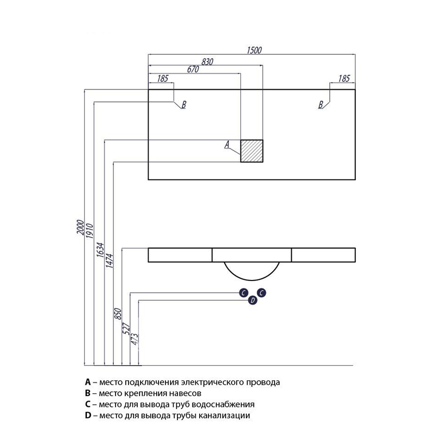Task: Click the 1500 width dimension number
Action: pos(254,50)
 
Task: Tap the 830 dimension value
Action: pos(207,62)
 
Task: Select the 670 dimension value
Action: pos(193,69)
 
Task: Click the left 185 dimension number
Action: pos(163,79)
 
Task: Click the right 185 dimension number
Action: pos(344,79)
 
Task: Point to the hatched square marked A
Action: pos(252,151)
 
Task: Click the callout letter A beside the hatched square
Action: pos(227,144)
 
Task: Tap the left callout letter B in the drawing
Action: pos(183,105)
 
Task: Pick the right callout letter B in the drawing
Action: pos(321,105)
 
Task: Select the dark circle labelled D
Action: pos(252,300)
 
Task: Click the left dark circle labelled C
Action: pos(244,292)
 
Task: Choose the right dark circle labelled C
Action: pos(261,292)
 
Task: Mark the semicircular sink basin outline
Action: pos(252,280)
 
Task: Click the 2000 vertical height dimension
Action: pos(80,227)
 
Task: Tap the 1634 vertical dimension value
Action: pos(100,250)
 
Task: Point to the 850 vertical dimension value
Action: pos(118,314)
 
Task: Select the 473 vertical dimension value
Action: pos(134,339)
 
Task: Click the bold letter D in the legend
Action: pos(88,415)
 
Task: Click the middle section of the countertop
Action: pos(252,255)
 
